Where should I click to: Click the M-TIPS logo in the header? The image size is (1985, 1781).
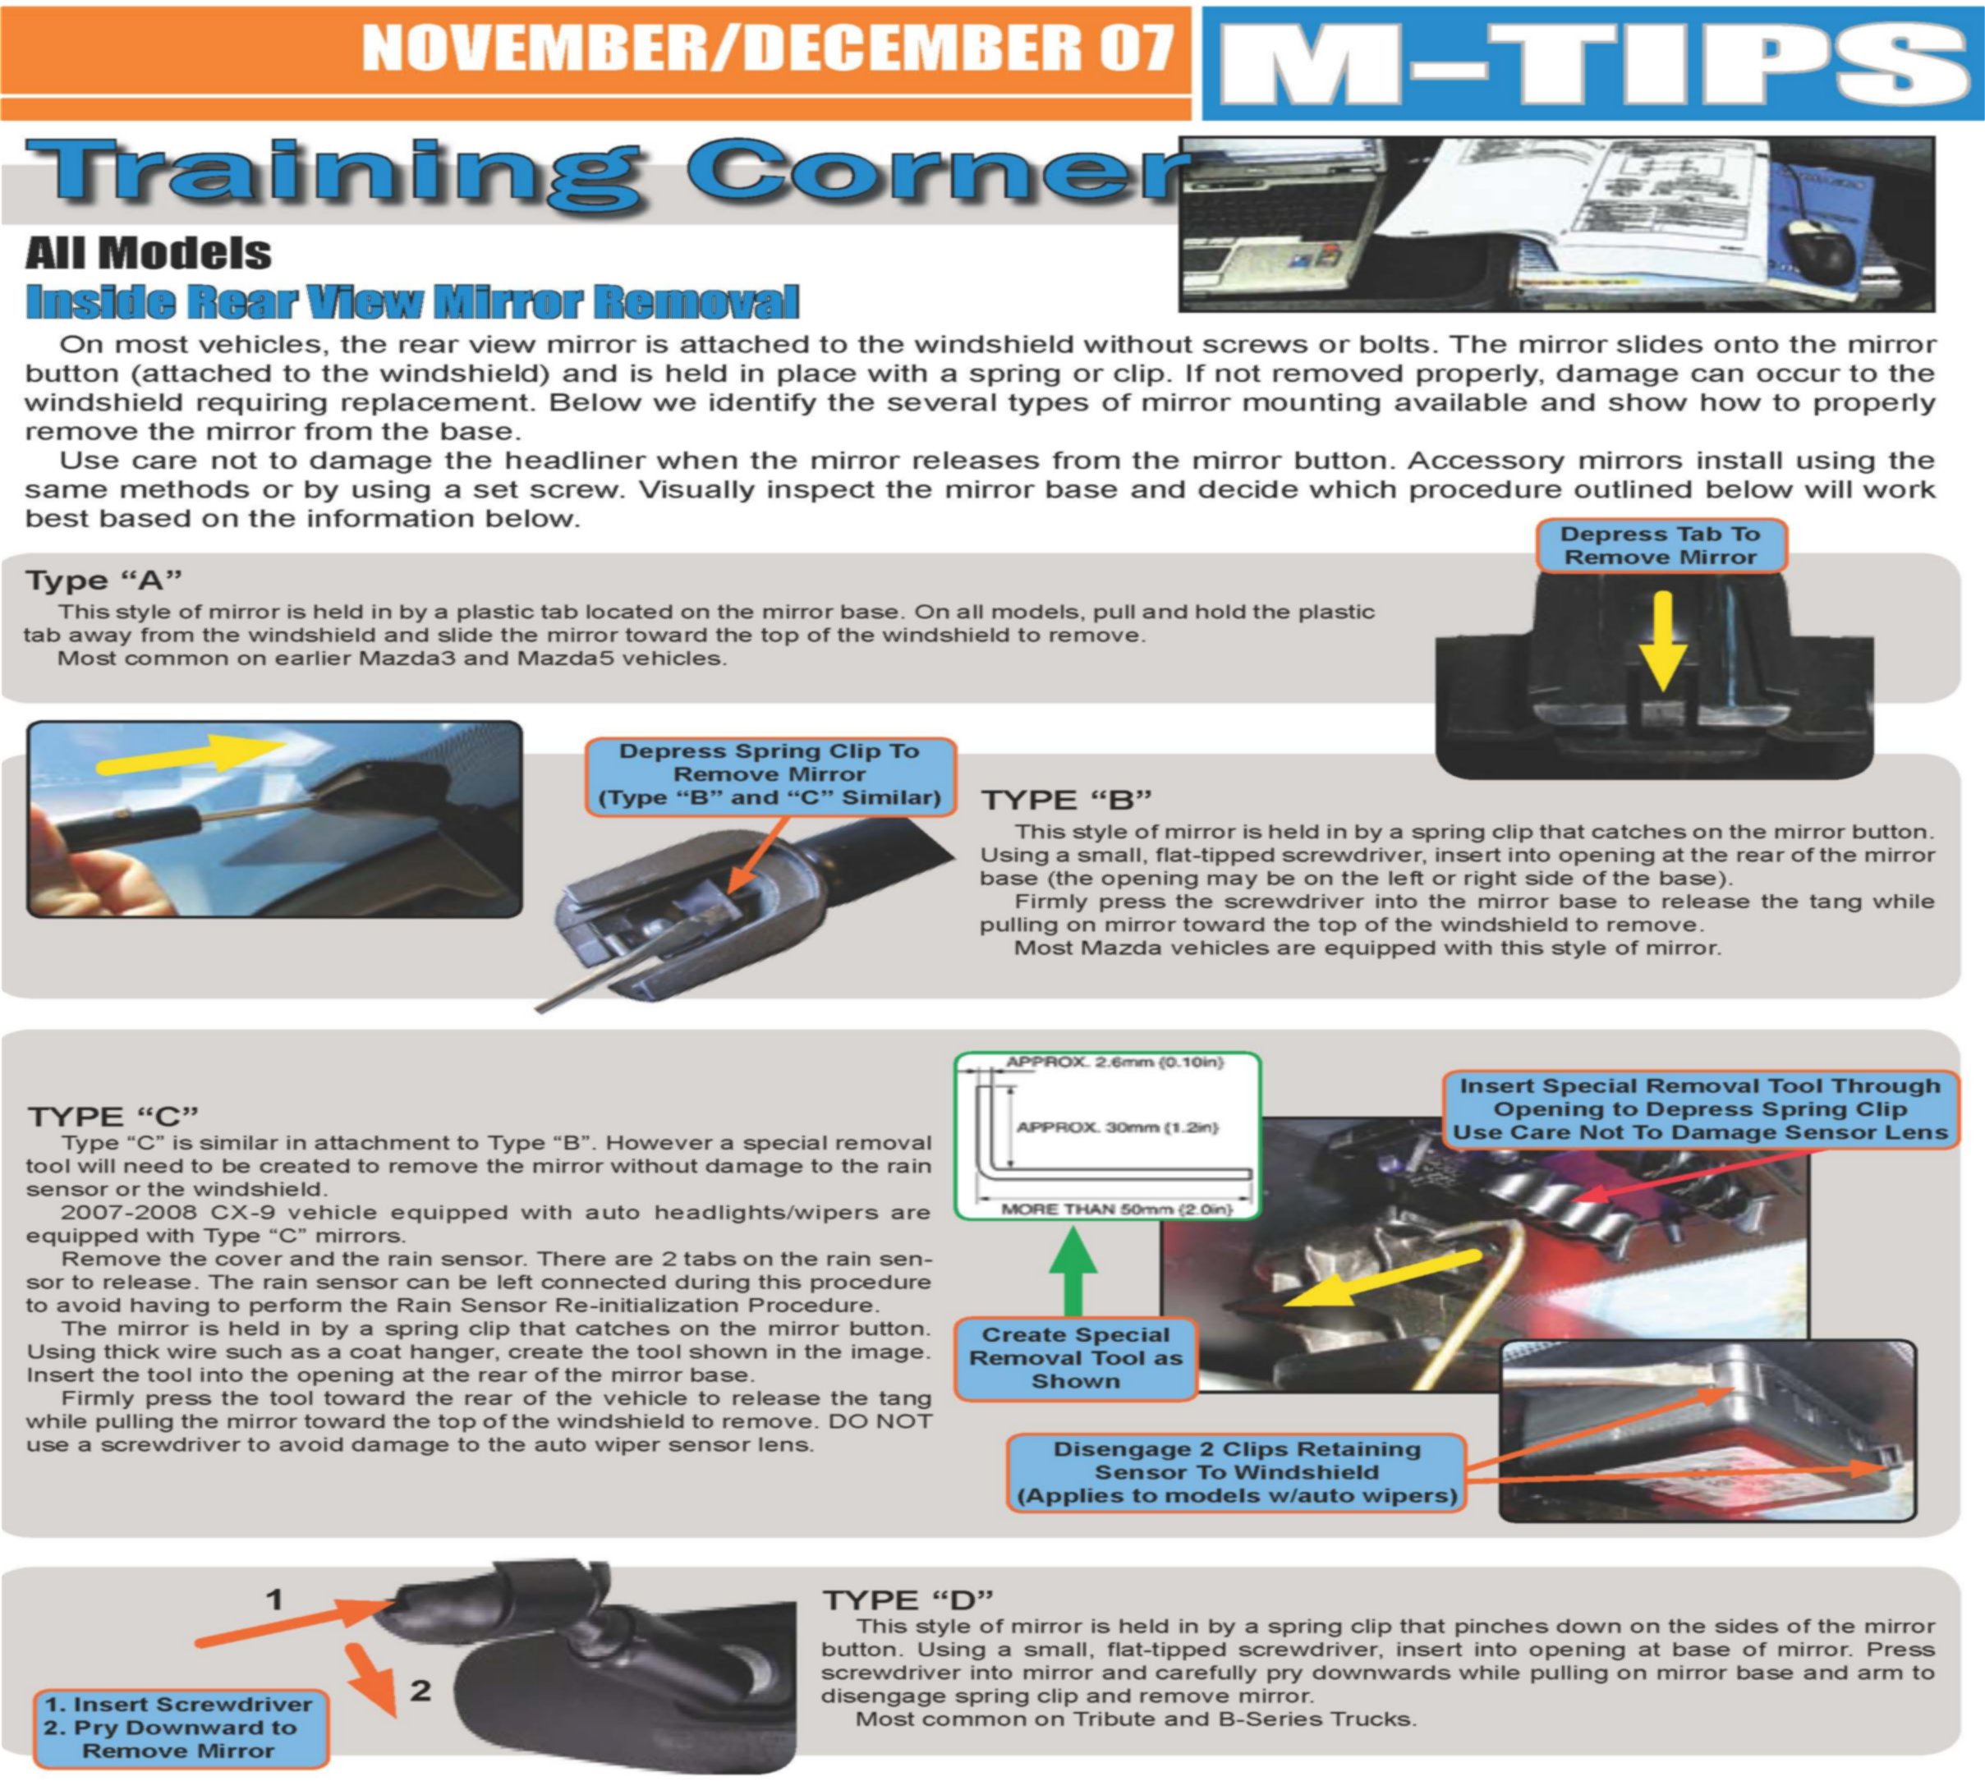(1592, 63)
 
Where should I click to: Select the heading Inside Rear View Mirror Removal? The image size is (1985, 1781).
(412, 301)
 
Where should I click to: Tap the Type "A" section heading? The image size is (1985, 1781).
(103, 581)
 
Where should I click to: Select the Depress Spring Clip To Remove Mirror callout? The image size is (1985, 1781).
(770, 775)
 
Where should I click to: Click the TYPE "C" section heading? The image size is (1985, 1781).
(113, 1117)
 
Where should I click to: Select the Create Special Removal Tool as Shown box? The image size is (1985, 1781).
(1075, 1358)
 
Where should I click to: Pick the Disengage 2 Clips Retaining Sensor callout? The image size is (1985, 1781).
(1237, 1473)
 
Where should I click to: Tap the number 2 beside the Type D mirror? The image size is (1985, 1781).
(420, 1690)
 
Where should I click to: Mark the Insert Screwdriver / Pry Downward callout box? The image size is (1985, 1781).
(179, 1728)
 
